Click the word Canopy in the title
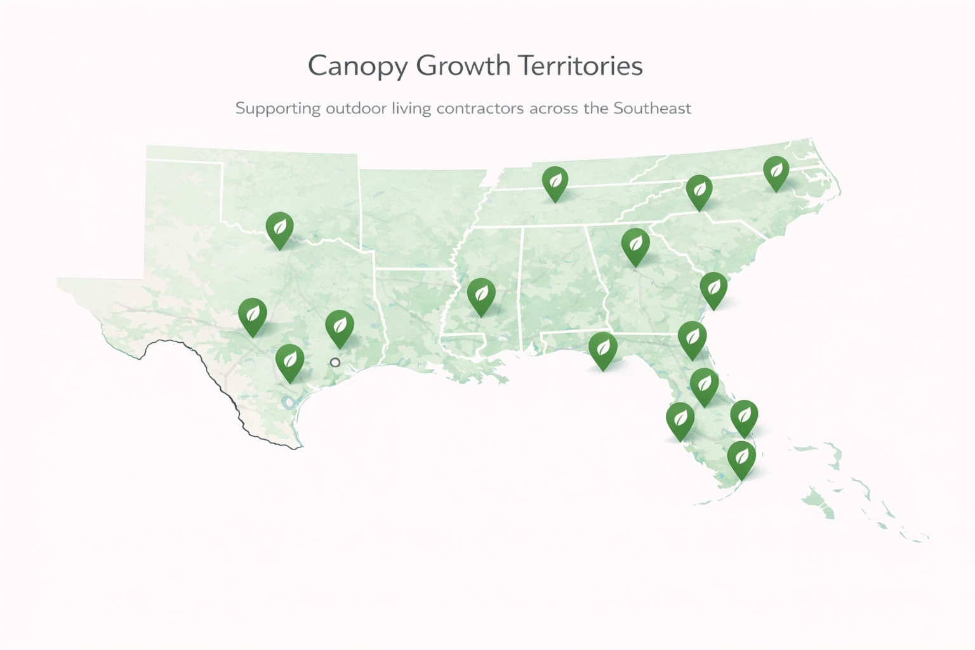click(x=358, y=67)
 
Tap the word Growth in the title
click(x=463, y=65)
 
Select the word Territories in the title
click(x=580, y=65)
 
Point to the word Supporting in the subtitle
click(x=277, y=109)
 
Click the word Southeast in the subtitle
click(x=652, y=108)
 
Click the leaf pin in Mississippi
click(x=481, y=295)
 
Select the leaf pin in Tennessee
click(x=555, y=182)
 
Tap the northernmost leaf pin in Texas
click(x=279, y=228)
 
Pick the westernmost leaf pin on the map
click(x=252, y=314)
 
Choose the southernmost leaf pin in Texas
click(x=289, y=361)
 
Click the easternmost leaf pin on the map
click(x=776, y=171)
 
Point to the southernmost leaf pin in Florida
click(x=741, y=457)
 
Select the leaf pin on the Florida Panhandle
click(x=602, y=348)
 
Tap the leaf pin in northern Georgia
click(x=635, y=244)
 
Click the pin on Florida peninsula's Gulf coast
click(x=680, y=419)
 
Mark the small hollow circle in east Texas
click(x=335, y=362)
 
